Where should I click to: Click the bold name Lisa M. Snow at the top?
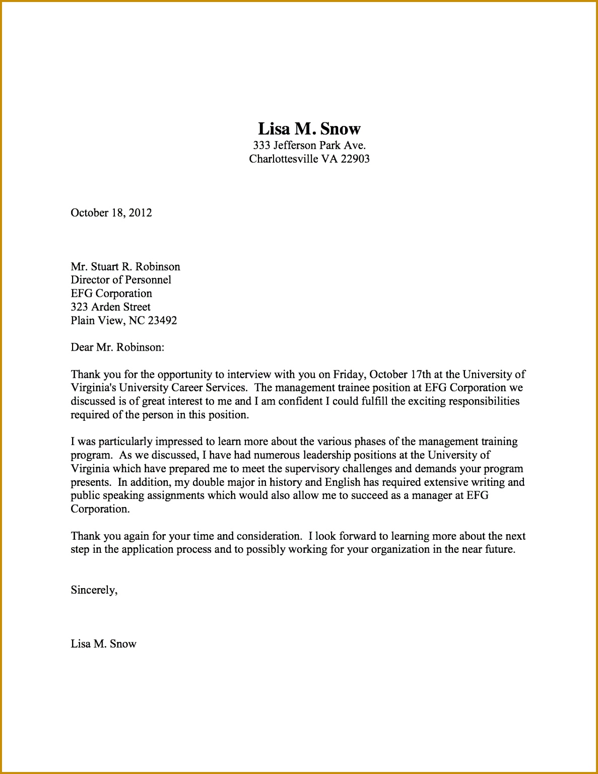click(x=309, y=129)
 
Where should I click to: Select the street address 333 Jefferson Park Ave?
click(x=309, y=146)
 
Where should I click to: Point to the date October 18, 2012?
click(x=111, y=213)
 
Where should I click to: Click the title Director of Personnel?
click(x=121, y=280)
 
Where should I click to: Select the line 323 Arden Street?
click(x=110, y=307)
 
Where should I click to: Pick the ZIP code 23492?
click(x=162, y=320)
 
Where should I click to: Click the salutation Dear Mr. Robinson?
click(x=117, y=347)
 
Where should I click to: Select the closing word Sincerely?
click(x=93, y=590)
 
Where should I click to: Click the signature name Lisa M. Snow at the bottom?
click(x=103, y=644)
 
